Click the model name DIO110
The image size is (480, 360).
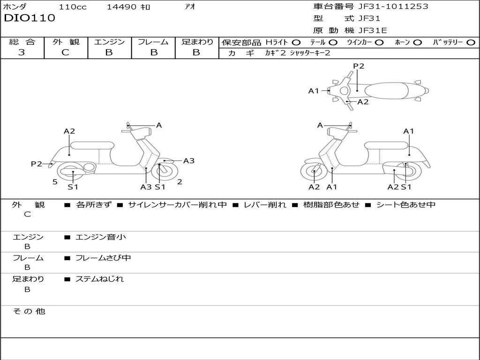[30, 18]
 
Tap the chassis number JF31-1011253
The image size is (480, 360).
[393, 6]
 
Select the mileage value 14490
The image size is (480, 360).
[121, 7]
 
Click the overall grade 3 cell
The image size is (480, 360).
[22, 52]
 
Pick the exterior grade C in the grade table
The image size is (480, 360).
[66, 52]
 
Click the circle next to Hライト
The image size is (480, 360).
[296, 43]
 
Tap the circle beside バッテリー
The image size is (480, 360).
[471, 43]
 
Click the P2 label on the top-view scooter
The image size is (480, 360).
[359, 66]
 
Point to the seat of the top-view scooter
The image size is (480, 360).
[386, 91]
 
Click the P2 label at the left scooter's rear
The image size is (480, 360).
[37, 164]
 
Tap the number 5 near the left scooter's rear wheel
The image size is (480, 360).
[55, 182]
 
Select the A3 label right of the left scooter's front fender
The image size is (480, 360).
[189, 161]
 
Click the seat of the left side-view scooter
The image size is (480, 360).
[92, 145]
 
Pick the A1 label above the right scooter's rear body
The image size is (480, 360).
[408, 131]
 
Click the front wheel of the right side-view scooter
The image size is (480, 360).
[314, 172]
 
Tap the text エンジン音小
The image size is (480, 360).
[101, 237]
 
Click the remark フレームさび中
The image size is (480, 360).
[103, 258]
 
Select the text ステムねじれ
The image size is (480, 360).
[99, 279]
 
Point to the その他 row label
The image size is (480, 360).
[29, 311]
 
